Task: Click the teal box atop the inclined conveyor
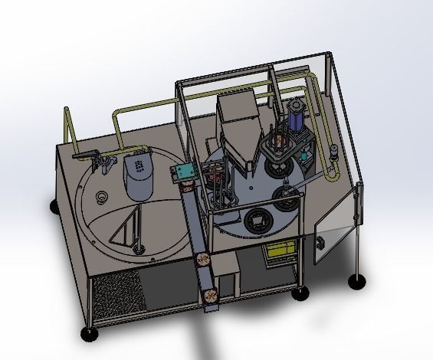(182, 174)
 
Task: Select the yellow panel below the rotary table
(279, 252)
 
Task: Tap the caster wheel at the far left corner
(54, 206)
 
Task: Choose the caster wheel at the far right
(356, 282)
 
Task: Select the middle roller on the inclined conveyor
(203, 259)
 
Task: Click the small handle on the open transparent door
(320, 243)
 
